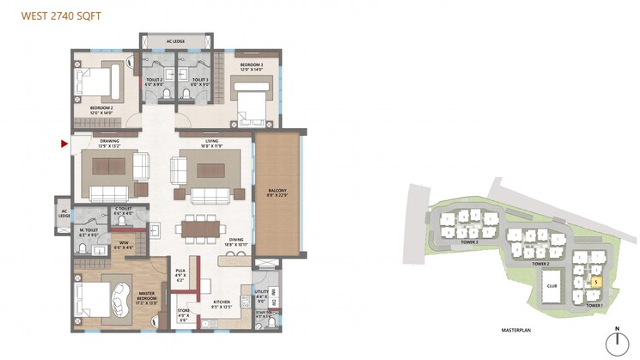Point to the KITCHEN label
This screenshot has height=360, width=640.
pyautogui.click(x=221, y=301)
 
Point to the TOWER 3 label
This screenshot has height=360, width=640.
pyautogui.click(x=468, y=243)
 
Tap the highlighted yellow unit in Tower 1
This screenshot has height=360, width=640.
pyautogui.click(x=596, y=281)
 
